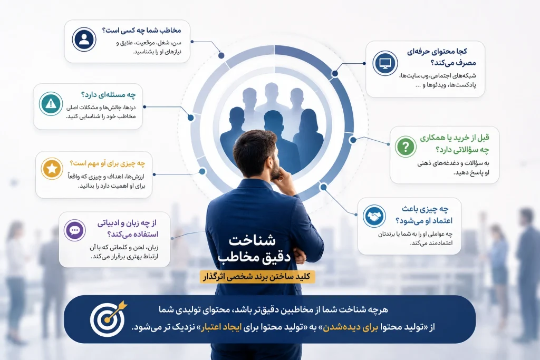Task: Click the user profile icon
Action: point(84,39)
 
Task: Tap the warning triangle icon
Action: point(51,104)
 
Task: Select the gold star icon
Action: point(52,169)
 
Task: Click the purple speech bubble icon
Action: point(75,230)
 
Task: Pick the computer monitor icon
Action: point(385,63)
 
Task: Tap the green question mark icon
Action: point(406,147)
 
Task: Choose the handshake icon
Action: point(374,216)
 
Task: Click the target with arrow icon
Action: point(108,318)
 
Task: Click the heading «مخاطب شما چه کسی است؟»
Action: point(141,30)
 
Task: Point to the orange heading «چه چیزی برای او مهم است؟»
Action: point(107,163)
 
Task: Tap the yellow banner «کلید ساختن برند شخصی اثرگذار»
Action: point(257,277)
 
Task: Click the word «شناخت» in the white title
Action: point(252,240)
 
